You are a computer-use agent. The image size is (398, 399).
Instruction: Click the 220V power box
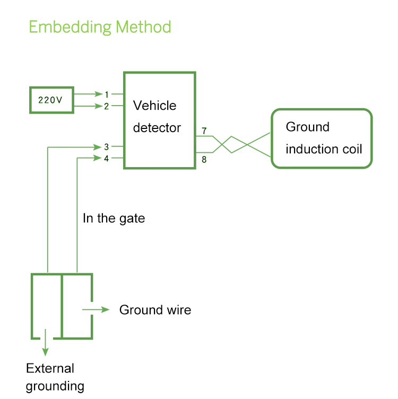tap(51, 100)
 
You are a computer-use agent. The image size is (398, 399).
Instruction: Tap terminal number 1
tap(106, 94)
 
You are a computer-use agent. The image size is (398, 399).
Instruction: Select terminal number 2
tap(106, 106)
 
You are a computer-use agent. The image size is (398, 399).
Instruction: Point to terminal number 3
tap(106, 146)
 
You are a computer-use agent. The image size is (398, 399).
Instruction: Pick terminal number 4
tap(106, 158)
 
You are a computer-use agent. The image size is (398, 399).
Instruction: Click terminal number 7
tap(204, 131)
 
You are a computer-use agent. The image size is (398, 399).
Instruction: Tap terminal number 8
tap(204, 159)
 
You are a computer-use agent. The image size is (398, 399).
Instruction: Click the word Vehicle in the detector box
tap(154, 106)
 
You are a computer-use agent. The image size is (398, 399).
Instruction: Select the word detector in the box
tap(157, 128)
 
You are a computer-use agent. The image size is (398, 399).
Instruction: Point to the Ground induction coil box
tap(322, 138)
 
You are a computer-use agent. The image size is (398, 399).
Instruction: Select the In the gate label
tap(114, 218)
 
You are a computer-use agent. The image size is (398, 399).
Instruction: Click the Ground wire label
tap(155, 310)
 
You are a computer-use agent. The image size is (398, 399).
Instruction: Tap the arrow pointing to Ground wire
tap(96, 310)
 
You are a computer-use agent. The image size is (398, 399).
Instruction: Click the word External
tap(50, 369)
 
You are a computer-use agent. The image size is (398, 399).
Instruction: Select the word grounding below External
tap(55, 386)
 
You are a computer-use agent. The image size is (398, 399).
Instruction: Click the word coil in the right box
tap(351, 149)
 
